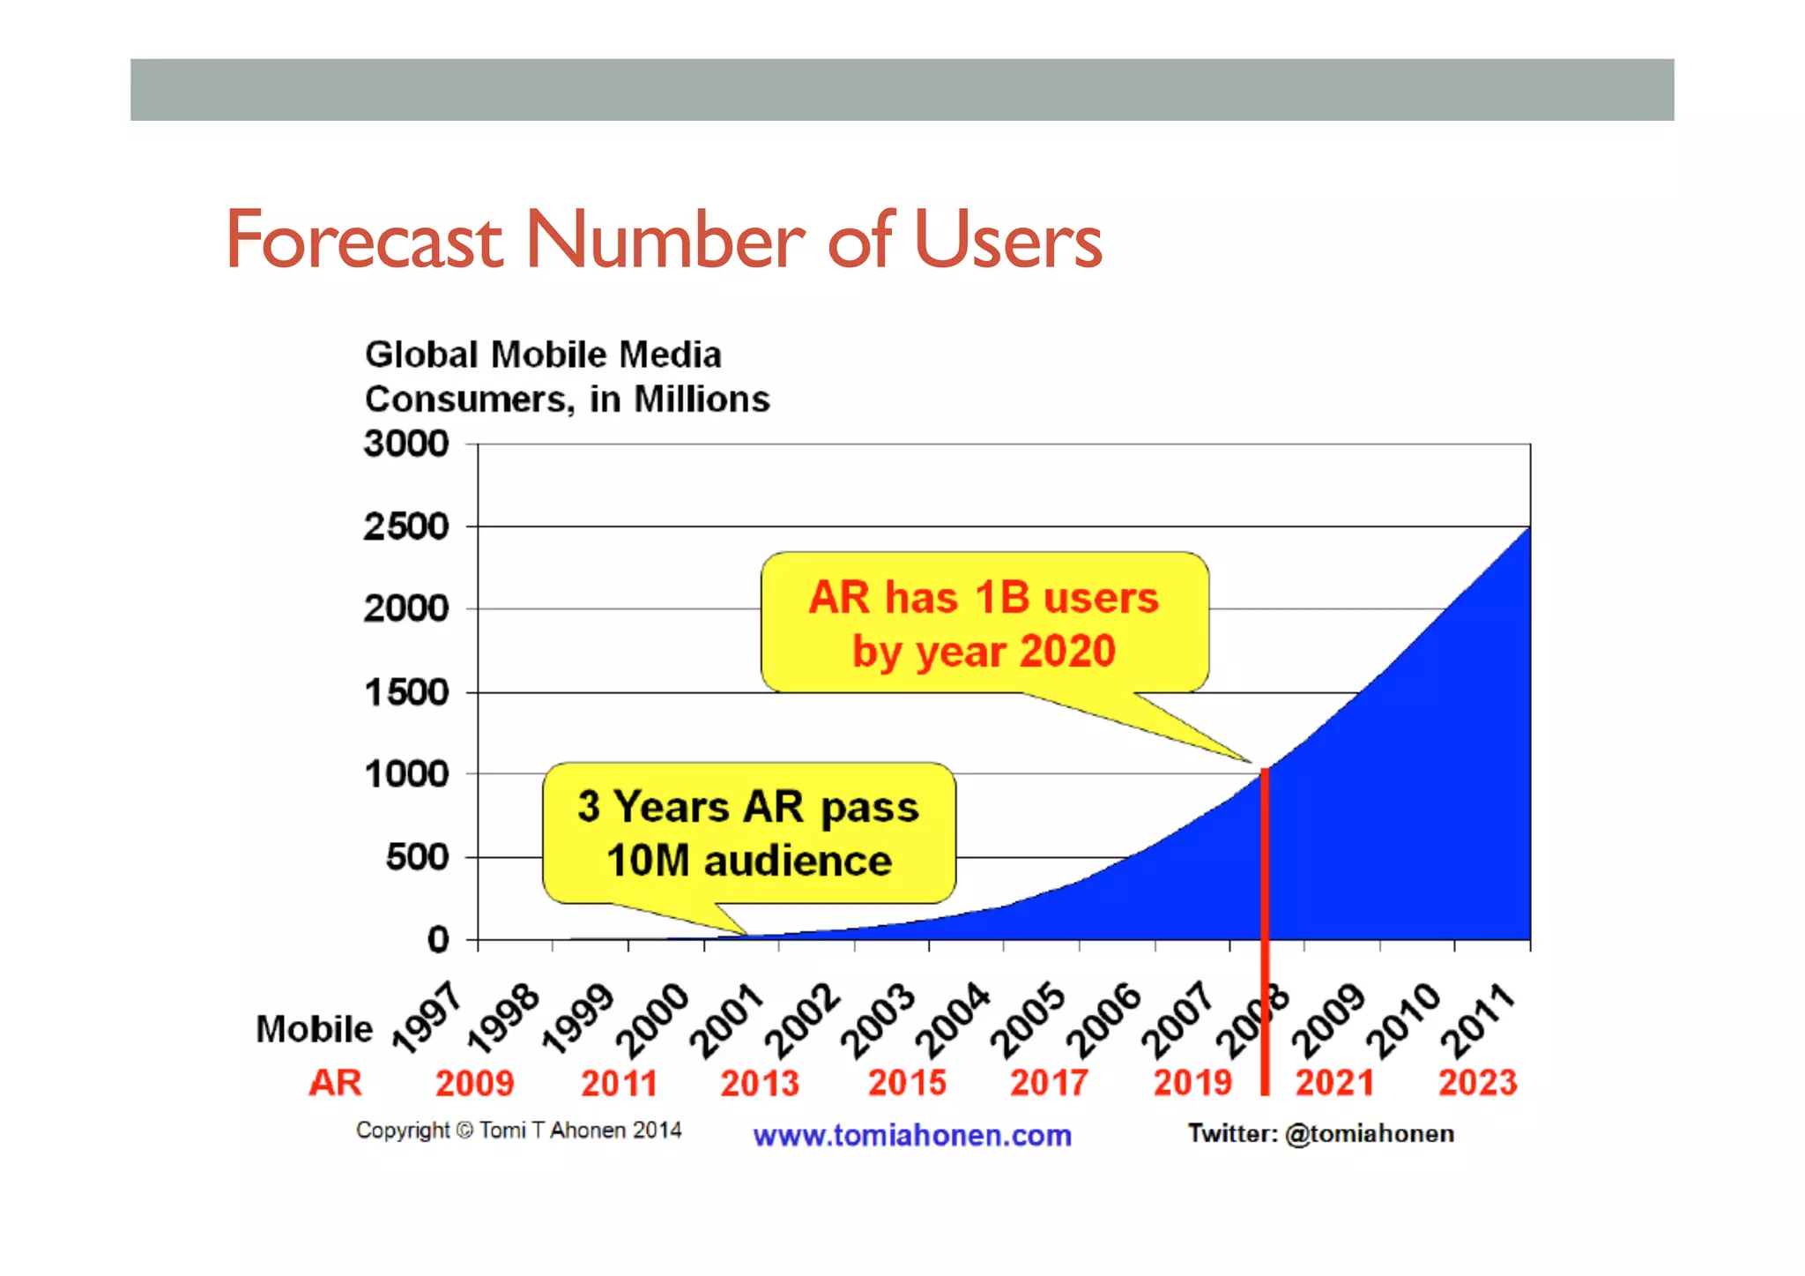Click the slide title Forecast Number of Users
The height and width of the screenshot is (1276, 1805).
[663, 240]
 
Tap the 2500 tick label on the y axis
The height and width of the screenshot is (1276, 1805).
[406, 526]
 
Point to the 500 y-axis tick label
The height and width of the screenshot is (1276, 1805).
[417, 856]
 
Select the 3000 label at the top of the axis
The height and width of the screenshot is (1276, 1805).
[406, 444]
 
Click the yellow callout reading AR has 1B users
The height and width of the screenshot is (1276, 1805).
[984, 623]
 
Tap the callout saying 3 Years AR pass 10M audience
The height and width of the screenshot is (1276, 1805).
[748, 833]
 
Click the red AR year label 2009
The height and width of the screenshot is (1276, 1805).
[474, 1083]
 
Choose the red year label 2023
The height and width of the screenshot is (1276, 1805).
[1477, 1082]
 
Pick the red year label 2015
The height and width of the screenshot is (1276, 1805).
[907, 1082]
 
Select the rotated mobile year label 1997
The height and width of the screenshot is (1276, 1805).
[427, 1019]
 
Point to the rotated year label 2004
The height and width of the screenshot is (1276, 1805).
[953, 1020]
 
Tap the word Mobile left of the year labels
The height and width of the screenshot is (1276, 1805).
[314, 1029]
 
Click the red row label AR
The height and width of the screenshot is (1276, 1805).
[335, 1083]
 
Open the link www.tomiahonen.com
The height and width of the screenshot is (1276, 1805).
[911, 1135]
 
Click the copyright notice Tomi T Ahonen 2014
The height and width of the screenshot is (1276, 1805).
[518, 1130]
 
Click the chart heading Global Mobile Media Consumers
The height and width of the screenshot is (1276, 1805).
[567, 377]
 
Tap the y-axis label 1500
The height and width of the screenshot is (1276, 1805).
[406, 692]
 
